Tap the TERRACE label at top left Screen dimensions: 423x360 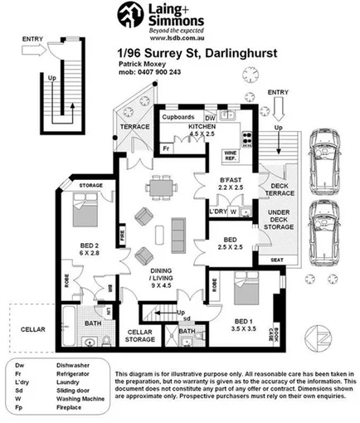pos(134,126)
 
